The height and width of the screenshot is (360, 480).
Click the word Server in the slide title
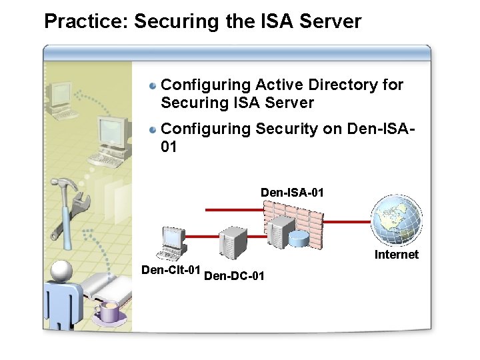click(330, 21)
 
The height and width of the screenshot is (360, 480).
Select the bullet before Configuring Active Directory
click(153, 86)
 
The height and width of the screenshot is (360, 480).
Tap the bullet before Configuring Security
click(153, 129)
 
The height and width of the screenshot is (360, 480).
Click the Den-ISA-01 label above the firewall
click(292, 193)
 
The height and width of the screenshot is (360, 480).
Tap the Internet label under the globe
click(396, 255)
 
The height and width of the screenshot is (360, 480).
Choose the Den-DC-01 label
click(234, 275)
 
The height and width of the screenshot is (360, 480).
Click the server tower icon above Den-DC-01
click(233, 244)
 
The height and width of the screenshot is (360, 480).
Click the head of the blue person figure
click(61, 270)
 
